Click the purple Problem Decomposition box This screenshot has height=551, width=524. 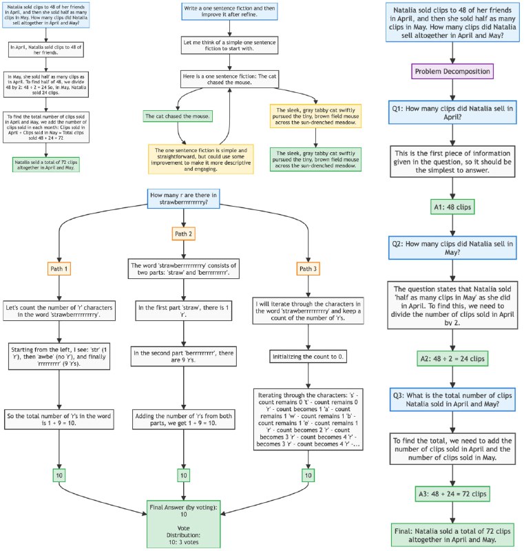(451, 71)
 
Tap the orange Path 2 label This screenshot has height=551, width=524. (184, 233)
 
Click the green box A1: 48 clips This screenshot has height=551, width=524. (451, 206)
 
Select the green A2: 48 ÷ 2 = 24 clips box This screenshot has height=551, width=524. (451, 359)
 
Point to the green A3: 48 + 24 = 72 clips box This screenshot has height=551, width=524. (451, 494)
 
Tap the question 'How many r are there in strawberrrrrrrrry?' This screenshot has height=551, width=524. (184, 198)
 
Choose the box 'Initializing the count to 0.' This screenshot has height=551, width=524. (305, 357)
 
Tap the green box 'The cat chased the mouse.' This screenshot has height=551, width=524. (176, 116)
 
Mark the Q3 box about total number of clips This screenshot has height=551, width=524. (451, 400)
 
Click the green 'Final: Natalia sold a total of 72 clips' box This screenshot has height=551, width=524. (451, 533)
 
